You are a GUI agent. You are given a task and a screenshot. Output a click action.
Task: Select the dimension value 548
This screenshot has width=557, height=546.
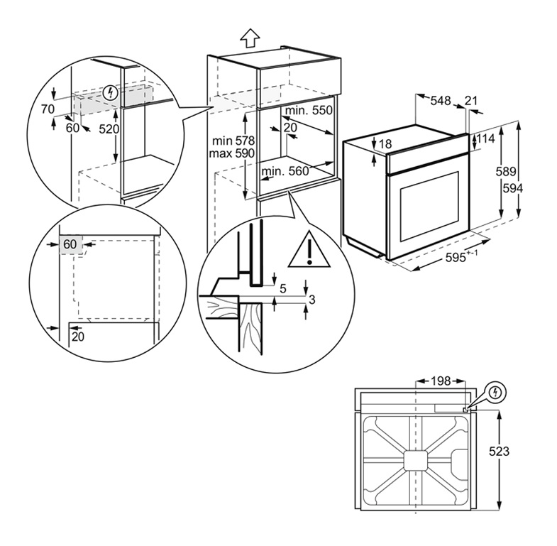click(x=441, y=102)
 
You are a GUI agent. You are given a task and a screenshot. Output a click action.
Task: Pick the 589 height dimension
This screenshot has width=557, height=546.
click(x=505, y=171)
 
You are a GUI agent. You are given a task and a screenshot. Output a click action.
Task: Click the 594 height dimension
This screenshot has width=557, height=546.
click(x=505, y=188)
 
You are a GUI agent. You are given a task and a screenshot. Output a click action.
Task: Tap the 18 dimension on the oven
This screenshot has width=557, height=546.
click(x=385, y=144)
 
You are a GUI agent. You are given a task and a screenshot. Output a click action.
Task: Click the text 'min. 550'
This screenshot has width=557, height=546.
click(x=309, y=111)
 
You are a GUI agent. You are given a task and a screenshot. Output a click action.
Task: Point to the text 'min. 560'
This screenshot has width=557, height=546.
click(x=285, y=171)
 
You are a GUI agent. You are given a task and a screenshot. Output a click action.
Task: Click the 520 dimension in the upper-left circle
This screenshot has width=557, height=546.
click(x=109, y=129)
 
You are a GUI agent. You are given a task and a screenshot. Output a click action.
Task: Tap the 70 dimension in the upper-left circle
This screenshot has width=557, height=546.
click(x=48, y=109)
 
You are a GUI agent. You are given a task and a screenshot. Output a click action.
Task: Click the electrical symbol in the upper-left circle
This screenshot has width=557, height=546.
click(x=109, y=92)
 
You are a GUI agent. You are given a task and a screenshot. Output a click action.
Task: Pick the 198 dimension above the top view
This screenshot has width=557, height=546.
click(x=441, y=381)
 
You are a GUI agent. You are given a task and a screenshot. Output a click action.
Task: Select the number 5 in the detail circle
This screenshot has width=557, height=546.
click(x=283, y=288)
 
